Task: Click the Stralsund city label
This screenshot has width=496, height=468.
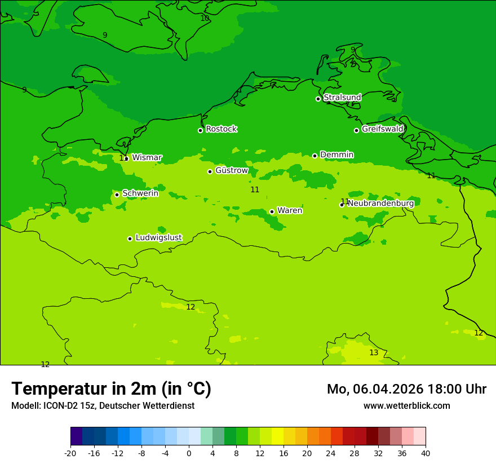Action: pos(342,98)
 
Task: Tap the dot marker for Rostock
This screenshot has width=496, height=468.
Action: pos(200,130)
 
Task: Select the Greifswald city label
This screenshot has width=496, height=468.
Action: pos(383,129)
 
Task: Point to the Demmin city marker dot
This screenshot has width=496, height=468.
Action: pos(315,156)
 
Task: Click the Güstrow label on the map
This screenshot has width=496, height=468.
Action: pos(232,170)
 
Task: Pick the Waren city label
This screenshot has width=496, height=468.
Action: pos(290,210)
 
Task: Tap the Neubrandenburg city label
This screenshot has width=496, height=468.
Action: pos(380,203)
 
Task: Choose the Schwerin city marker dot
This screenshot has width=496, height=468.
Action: pos(117,195)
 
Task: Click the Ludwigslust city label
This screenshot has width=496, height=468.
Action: pos(158,237)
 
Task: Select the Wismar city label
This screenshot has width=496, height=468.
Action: pos(147,157)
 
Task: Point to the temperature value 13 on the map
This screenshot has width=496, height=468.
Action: pos(374,352)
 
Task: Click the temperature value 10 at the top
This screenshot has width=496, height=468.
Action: pos(205,18)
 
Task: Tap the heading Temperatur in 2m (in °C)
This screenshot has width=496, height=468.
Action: pos(111,389)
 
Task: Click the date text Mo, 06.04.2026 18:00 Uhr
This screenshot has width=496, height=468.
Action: pos(406,389)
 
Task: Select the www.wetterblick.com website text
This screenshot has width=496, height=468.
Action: pos(406,405)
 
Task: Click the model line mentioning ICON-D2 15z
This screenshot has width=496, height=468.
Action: pos(103,405)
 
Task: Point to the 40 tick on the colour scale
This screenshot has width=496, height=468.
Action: pos(426,453)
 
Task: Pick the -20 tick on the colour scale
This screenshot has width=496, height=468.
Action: pos(70,453)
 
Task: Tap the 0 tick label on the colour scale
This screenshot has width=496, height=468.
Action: pos(189,453)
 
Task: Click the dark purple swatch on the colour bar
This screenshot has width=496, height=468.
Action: pos(76,436)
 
